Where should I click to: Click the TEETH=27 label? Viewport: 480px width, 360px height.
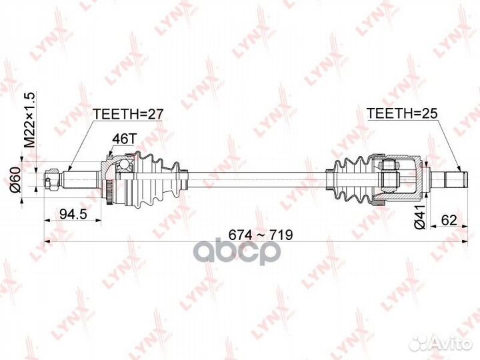127,114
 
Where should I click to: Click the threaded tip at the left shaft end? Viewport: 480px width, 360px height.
50,179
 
